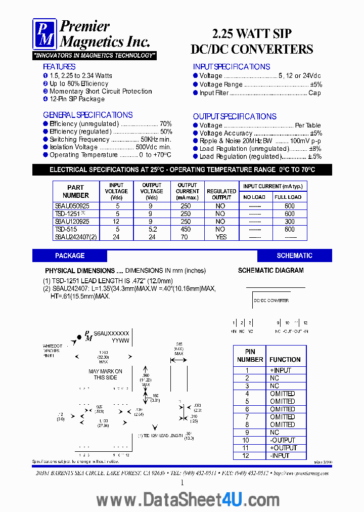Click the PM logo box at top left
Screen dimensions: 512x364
(x=45, y=34)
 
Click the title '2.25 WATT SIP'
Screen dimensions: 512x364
(x=251, y=34)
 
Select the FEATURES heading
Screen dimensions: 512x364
(x=59, y=67)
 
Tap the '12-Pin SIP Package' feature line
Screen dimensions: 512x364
(x=77, y=99)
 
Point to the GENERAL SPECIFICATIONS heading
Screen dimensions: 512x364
(x=88, y=115)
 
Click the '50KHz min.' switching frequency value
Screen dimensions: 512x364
(x=156, y=139)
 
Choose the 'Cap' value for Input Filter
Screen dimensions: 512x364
(x=314, y=93)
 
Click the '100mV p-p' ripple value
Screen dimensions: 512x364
(x=305, y=141)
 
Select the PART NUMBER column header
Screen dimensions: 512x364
(x=75, y=191)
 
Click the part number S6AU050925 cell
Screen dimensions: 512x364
(x=72, y=206)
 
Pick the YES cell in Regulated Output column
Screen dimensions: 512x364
(x=221, y=237)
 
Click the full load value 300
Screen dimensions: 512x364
(x=290, y=222)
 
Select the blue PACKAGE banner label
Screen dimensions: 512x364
(x=70, y=255)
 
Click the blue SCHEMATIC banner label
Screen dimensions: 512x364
(x=294, y=255)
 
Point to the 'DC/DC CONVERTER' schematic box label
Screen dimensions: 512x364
(x=271, y=301)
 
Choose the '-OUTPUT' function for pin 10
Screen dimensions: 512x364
(x=282, y=440)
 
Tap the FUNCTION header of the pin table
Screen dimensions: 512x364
(x=285, y=360)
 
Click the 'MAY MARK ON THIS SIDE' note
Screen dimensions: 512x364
(x=105, y=374)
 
